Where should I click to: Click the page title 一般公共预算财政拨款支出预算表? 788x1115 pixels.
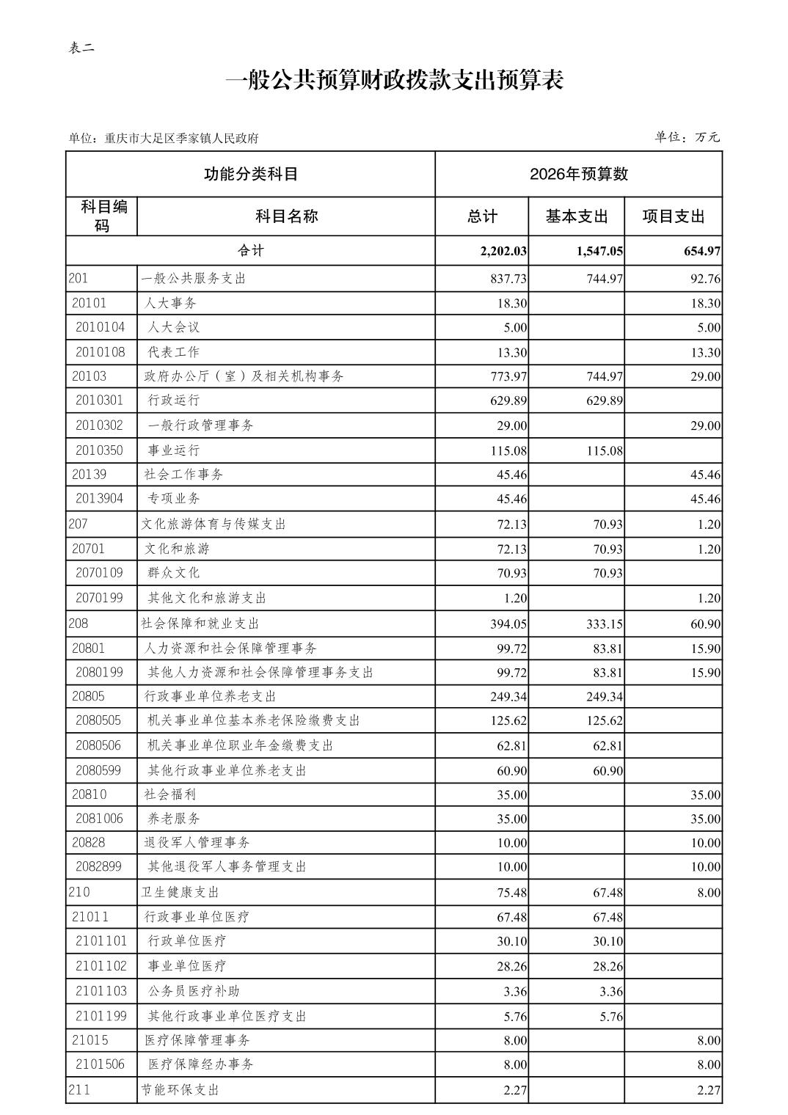point(394,81)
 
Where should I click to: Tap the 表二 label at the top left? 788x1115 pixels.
point(81,48)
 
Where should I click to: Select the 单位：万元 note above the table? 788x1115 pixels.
point(687,137)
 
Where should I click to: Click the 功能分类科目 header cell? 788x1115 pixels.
point(250,175)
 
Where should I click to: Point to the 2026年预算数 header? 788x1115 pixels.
point(578,175)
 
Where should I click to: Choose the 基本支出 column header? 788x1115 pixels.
point(576,216)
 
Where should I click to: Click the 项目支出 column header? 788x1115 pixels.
point(673,216)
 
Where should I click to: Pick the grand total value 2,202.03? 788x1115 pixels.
point(503,251)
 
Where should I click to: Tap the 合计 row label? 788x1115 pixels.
point(250,251)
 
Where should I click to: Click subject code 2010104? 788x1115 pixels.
point(101,327)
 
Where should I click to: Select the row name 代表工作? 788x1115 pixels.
point(173,352)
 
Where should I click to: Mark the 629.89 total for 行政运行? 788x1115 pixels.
point(508,401)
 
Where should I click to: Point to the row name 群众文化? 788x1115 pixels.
point(173,573)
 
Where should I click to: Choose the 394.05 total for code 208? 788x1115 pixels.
point(508,624)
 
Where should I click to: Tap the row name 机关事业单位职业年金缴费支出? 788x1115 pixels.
point(241,745)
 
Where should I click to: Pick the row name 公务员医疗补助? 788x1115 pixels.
point(194,991)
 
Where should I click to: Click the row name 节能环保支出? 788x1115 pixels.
point(180,1090)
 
